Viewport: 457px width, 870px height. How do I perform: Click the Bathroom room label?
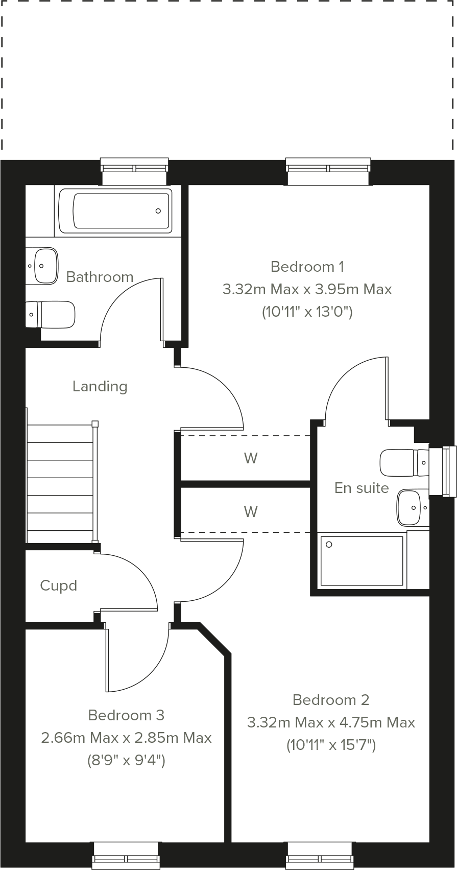(x=100, y=277)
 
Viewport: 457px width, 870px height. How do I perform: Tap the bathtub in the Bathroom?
(x=115, y=210)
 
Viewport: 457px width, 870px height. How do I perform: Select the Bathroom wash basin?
(x=43, y=266)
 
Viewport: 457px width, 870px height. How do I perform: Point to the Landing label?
(x=100, y=386)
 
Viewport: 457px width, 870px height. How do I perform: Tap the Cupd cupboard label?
(x=58, y=585)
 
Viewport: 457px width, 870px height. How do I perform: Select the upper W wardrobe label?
(x=250, y=458)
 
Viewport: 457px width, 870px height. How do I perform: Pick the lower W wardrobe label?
(x=250, y=511)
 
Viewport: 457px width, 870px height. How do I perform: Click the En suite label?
(x=362, y=488)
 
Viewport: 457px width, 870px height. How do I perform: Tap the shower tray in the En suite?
(x=362, y=560)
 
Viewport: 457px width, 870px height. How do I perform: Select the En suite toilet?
(x=401, y=462)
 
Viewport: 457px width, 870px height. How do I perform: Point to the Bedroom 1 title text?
(x=307, y=267)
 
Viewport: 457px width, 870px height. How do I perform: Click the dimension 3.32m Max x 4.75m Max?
(x=331, y=722)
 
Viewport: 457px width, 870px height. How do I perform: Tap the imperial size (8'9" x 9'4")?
(x=126, y=761)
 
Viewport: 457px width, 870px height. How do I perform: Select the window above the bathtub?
(x=134, y=171)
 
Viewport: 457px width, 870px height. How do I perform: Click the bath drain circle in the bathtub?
(x=158, y=211)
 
